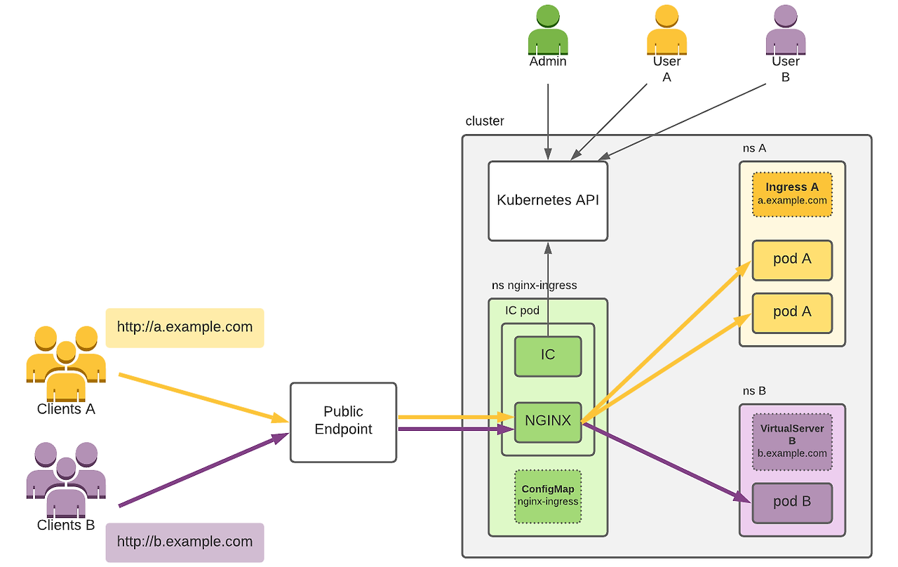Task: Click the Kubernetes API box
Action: (x=547, y=201)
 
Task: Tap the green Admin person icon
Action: (x=547, y=31)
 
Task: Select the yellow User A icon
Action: (x=666, y=31)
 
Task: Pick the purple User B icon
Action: (x=785, y=31)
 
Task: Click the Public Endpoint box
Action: (x=343, y=422)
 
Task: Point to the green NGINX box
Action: (x=547, y=422)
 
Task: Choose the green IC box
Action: (x=547, y=355)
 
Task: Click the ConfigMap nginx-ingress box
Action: (x=547, y=496)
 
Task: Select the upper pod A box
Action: (x=791, y=260)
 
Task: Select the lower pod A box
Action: (x=791, y=312)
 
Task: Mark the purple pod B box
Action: (x=791, y=502)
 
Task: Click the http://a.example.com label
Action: (x=185, y=327)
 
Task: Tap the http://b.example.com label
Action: (x=185, y=542)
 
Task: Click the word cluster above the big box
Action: (x=484, y=121)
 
